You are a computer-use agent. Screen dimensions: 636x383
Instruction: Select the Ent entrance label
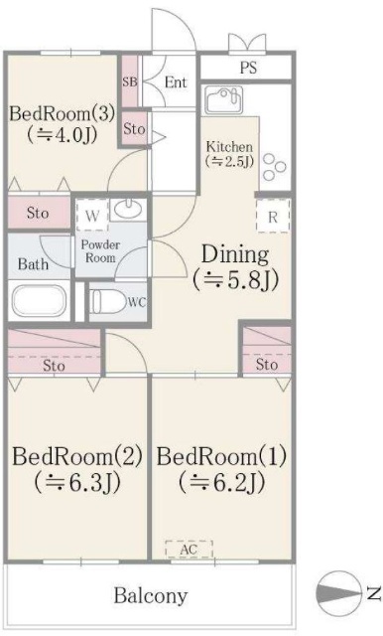(x=176, y=82)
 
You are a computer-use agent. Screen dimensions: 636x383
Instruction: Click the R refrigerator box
(x=272, y=215)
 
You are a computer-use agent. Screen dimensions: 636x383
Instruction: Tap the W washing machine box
(x=91, y=214)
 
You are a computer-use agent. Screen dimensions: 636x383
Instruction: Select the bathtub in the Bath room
(x=38, y=301)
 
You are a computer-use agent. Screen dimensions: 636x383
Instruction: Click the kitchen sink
(x=223, y=101)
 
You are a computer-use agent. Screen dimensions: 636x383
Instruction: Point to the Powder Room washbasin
(x=128, y=210)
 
